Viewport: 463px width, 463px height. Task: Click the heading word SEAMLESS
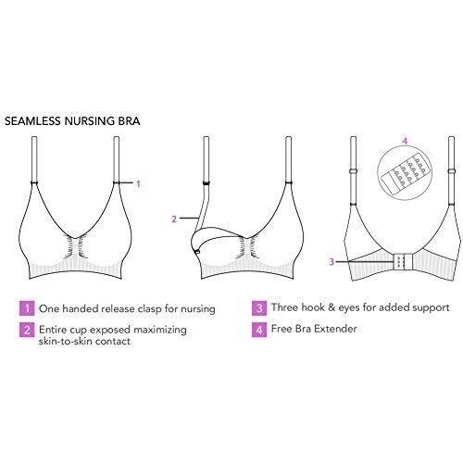tap(32, 120)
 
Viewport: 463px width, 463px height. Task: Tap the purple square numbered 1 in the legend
tap(27, 308)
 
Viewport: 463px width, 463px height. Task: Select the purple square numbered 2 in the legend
tap(27, 330)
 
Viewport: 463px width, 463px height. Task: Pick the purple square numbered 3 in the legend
tap(259, 308)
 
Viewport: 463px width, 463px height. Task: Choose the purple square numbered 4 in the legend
tap(259, 330)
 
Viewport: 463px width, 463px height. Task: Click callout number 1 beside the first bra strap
tap(138, 184)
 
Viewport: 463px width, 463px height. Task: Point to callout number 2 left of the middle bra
tap(174, 219)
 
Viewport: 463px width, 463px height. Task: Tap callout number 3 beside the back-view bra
tap(332, 262)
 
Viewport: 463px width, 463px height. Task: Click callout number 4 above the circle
tap(406, 141)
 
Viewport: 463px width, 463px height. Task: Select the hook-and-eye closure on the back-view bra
tap(403, 262)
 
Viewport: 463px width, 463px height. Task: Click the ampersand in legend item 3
tap(332, 307)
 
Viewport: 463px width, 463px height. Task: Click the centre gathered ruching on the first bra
tap(75, 246)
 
